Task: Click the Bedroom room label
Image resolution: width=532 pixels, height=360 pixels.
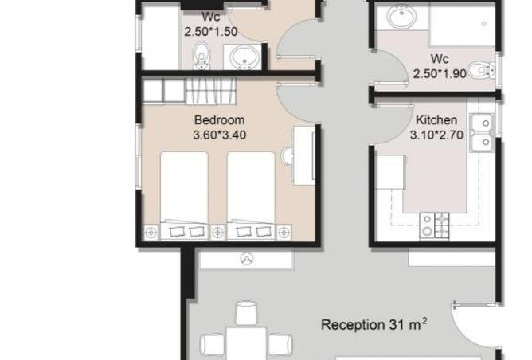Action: [219, 120]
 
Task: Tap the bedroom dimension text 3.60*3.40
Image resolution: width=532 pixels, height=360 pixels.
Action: [219, 135]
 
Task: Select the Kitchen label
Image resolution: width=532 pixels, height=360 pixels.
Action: [436, 120]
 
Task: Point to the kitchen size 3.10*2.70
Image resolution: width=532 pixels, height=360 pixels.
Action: [436, 135]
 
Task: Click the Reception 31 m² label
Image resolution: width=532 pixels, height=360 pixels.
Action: [374, 324]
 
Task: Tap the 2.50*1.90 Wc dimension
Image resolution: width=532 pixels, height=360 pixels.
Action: [440, 73]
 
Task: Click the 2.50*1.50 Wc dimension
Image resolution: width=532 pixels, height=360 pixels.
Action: [211, 32]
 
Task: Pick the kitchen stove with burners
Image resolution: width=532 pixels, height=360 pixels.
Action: [435, 225]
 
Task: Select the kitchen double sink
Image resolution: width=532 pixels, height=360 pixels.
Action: [482, 133]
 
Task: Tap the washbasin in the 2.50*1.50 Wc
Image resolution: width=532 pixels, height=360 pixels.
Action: [244, 57]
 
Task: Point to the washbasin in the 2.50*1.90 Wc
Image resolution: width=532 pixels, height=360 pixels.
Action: [402, 16]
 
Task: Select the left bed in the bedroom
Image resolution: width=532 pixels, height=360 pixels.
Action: [184, 196]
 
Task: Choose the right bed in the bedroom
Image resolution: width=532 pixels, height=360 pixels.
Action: [251, 196]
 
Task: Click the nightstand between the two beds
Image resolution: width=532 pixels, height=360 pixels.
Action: [217, 233]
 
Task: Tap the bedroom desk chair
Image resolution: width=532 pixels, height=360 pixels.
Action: [287, 156]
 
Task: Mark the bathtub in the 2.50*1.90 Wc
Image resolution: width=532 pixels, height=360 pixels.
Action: [463, 25]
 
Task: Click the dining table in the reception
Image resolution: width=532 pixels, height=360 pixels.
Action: [246, 343]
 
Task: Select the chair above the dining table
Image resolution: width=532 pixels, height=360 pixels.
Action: [246, 313]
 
